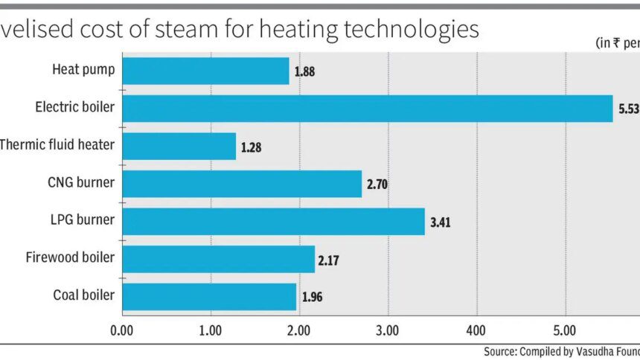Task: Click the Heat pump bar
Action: click(205, 71)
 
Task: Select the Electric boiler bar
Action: click(367, 109)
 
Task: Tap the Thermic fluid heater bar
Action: click(179, 146)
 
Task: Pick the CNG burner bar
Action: click(241, 184)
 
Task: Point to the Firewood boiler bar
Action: click(217, 259)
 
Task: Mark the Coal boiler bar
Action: click(208, 296)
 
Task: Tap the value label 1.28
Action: click(251, 147)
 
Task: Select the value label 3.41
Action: click(441, 222)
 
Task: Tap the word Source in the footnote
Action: click(498, 352)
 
